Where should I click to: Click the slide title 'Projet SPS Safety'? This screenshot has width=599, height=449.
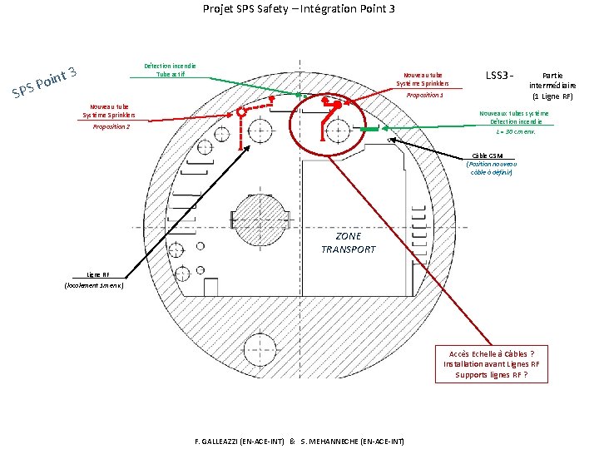[299, 9]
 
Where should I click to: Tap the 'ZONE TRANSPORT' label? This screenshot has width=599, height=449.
[349, 243]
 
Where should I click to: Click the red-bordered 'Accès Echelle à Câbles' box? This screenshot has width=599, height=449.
[491, 363]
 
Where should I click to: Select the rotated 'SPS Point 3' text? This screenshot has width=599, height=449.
[45, 80]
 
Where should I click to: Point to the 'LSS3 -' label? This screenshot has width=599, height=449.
[498, 76]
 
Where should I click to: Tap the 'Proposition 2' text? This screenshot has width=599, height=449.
[111, 126]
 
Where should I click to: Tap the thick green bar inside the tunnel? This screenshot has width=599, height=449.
[369, 129]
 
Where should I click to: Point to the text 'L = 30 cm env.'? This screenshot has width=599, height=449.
[515, 131]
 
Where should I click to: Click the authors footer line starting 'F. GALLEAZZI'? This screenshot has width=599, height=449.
[298, 440]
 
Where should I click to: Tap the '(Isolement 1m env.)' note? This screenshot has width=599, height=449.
[94, 285]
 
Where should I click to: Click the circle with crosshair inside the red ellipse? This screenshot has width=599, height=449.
[337, 129]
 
